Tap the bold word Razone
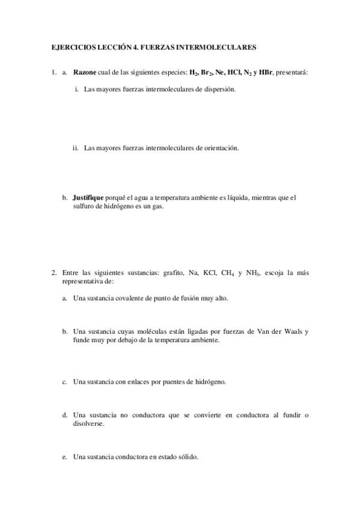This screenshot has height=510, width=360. [84, 73]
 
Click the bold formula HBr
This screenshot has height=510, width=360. [264, 73]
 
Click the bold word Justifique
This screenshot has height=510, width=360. [88, 197]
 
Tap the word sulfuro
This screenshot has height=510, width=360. [84, 206]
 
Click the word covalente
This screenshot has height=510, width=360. [130, 298]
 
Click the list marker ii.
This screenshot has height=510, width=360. [76, 147]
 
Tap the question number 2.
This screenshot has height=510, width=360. [53, 272]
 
